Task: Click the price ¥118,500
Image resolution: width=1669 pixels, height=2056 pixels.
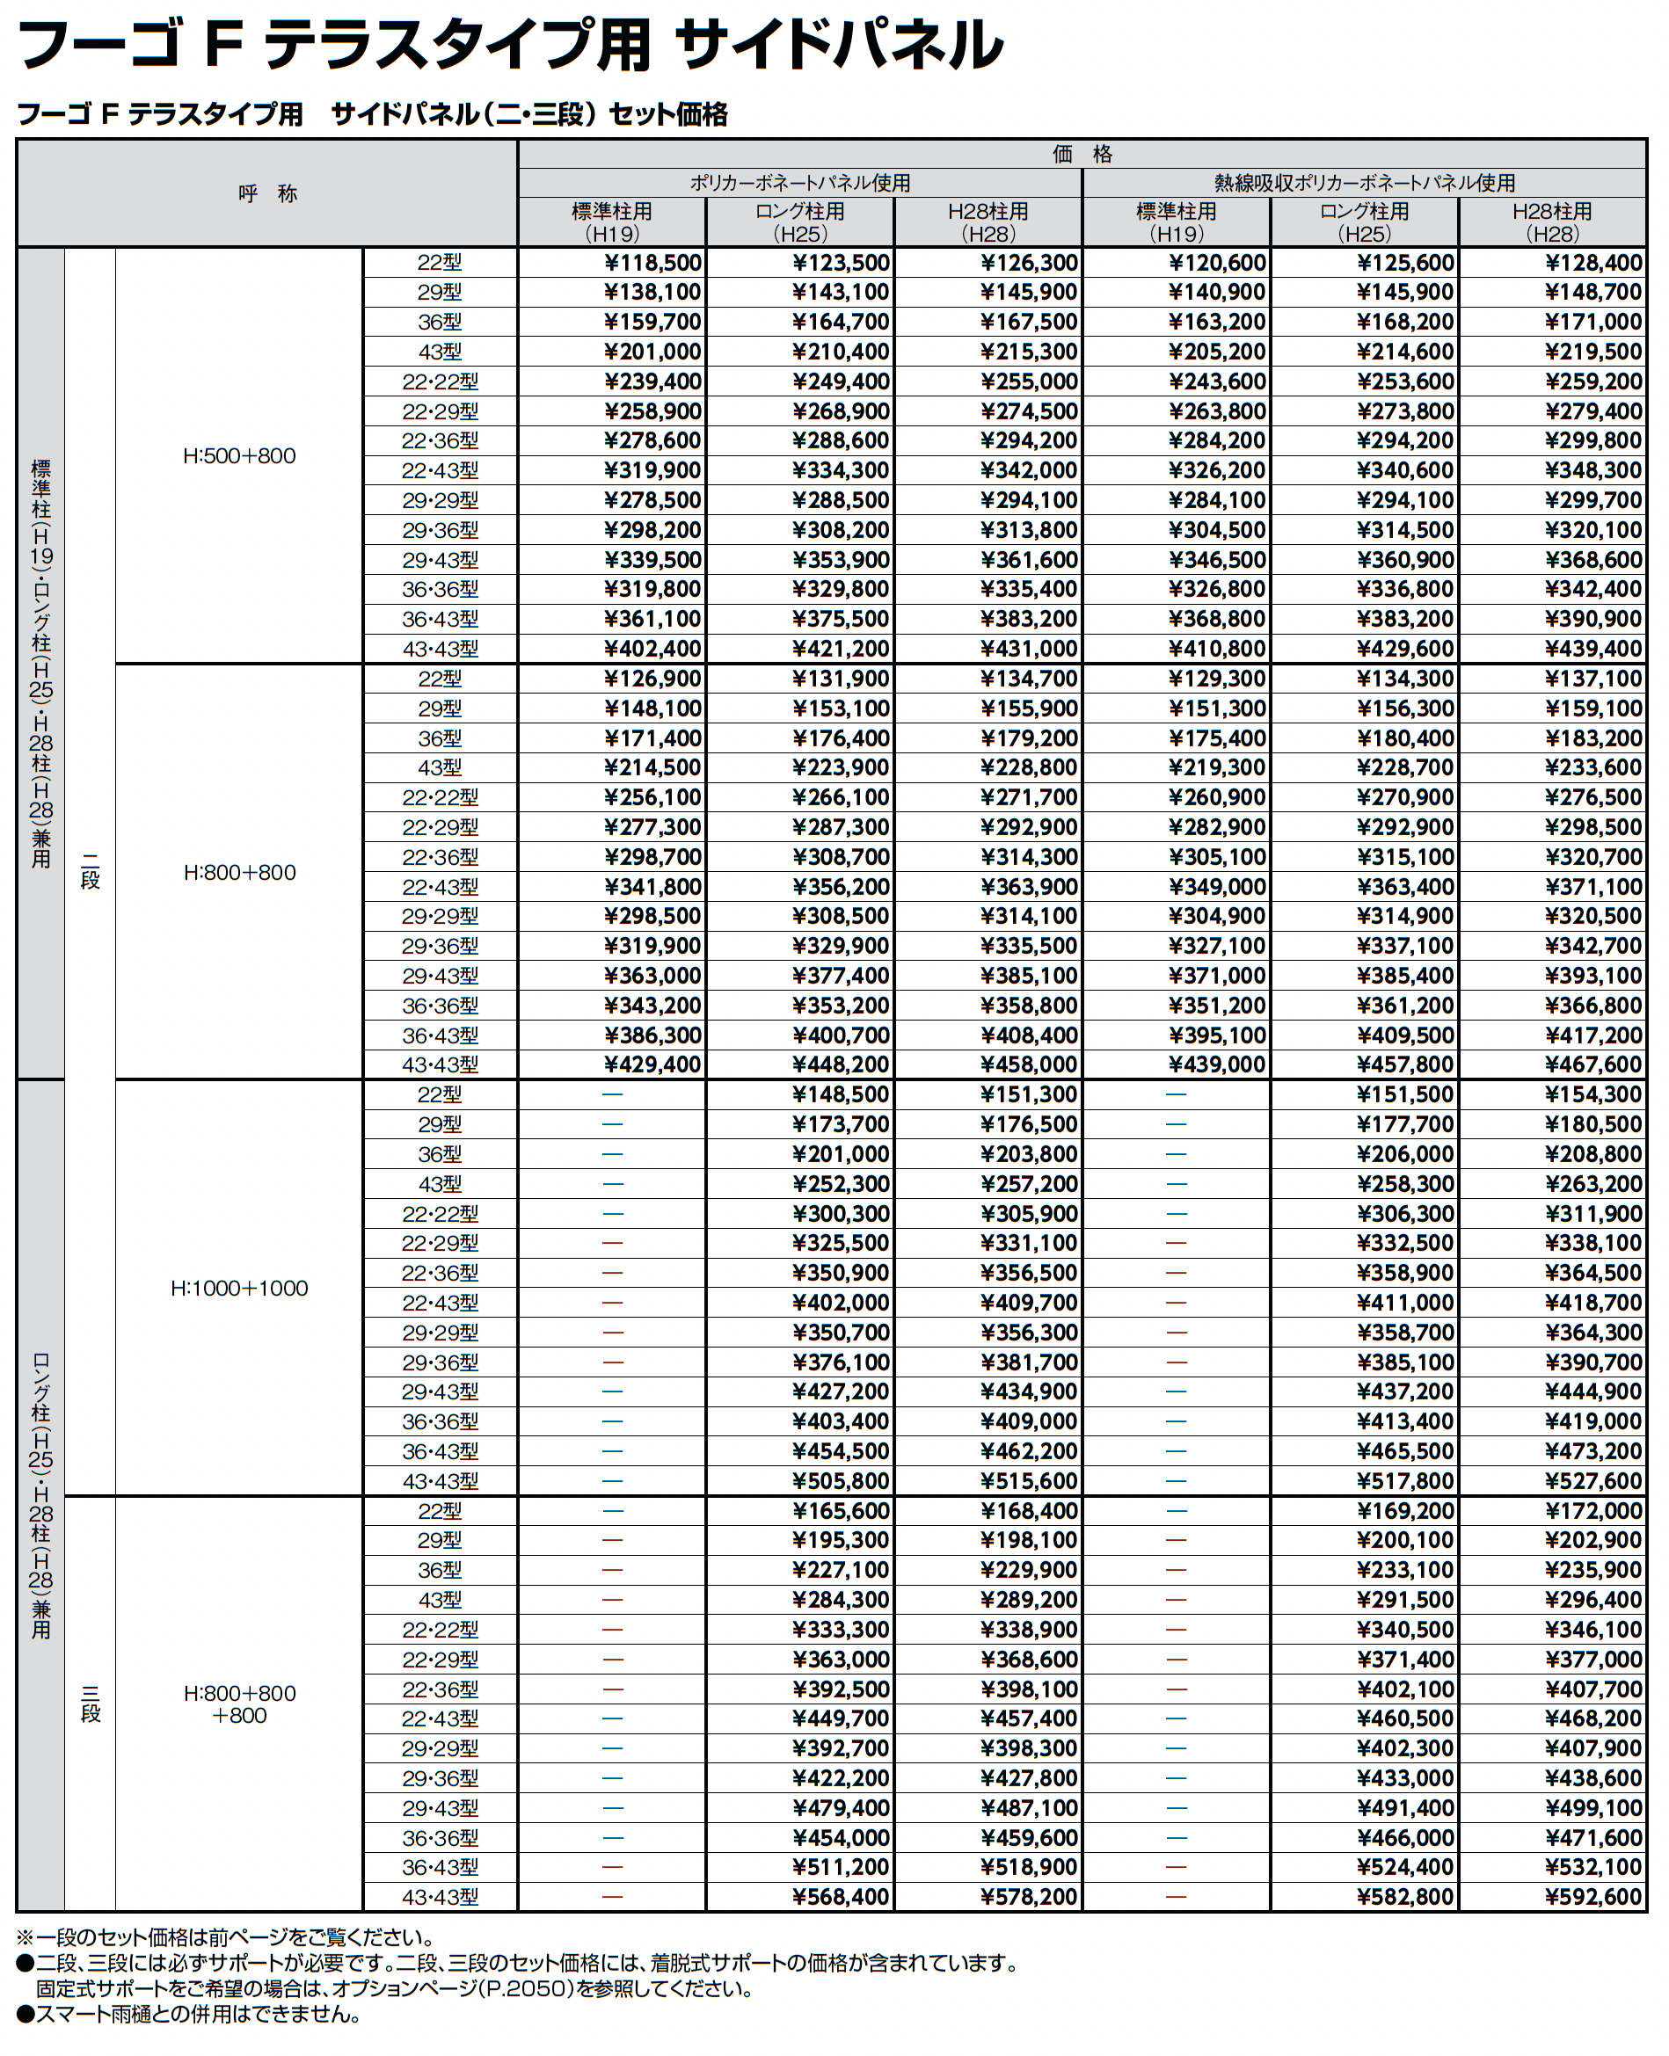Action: pos(653,264)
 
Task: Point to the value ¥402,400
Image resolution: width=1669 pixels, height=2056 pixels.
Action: pos(653,649)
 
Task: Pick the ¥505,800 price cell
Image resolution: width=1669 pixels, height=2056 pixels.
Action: pos(842,1481)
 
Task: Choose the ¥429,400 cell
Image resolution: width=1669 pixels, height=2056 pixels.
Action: pos(653,1065)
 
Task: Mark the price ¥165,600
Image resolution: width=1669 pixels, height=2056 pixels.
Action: pos(842,1511)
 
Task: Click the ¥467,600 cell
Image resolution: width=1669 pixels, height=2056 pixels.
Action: pos(1594,1065)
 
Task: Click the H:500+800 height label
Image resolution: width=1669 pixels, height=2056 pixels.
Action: pos(239,456)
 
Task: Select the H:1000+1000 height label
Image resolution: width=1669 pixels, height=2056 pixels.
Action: pos(239,1289)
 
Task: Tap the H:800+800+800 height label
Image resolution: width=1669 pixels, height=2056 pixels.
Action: pos(239,1704)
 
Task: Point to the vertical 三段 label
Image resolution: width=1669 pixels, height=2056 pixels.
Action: pos(91,1704)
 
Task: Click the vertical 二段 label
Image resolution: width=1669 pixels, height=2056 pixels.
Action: pos(91,871)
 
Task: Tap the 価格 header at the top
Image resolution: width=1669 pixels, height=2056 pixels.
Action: pos(1082,154)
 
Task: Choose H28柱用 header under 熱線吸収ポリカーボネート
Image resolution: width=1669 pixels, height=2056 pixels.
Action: pos(1552,222)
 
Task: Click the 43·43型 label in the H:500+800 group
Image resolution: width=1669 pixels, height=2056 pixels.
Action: pos(440,649)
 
